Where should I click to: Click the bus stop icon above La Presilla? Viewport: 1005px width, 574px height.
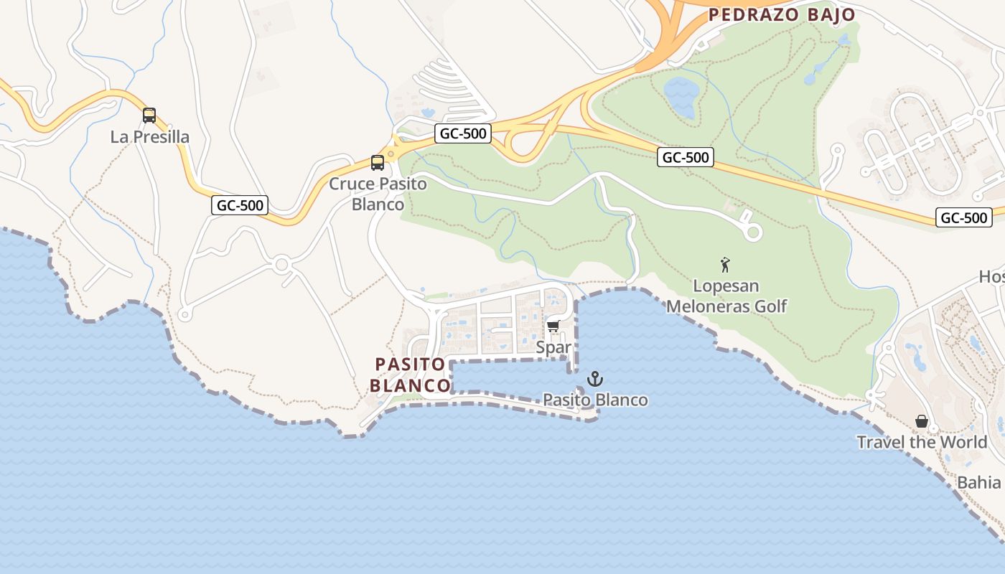[x=149, y=115]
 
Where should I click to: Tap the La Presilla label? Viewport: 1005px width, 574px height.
[x=150, y=137]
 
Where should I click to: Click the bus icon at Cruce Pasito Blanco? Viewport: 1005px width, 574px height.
[x=378, y=163]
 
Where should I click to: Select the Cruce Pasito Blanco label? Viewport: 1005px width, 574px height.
[x=378, y=194]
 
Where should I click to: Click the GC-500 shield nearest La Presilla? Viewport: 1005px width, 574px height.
[x=240, y=205]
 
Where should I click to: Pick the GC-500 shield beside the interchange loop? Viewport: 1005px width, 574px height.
[x=462, y=133]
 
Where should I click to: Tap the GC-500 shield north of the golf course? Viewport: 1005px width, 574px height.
[x=685, y=157]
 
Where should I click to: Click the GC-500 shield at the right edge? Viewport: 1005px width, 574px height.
[x=963, y=217]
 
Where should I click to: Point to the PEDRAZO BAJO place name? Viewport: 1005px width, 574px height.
[x=781, y=15]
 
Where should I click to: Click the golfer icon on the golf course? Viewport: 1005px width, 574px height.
[x=725, y=265]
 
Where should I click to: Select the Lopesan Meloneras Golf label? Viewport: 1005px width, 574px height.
[x=726, y=296]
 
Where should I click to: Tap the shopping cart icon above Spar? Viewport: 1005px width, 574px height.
[x=553, y=326]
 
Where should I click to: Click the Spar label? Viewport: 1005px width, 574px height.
[x=553, y=347]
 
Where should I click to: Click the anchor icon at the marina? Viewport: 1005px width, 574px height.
[x=594, y=378]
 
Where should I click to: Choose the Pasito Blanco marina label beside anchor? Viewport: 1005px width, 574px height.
[x=595, y=400]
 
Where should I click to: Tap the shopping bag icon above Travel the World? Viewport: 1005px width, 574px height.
[x=922, y=421]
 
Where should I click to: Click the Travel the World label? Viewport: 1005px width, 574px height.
[x=922, y=442]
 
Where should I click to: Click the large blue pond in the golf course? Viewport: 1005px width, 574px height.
[x=681, y=96]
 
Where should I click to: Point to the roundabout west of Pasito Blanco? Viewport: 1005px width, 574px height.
[x=281, y=265]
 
